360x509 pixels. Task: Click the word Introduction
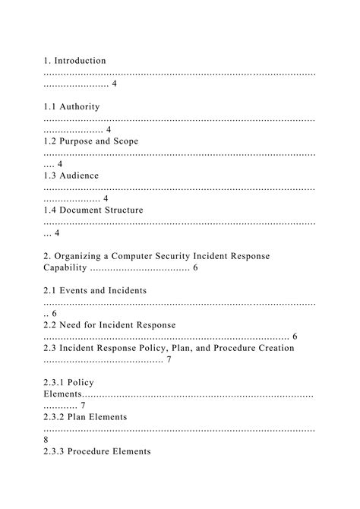[x=81, y=60]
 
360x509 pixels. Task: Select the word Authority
[x=78, y=106]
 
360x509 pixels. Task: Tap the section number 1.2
[x=52, y=141]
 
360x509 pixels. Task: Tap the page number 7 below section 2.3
[x=168, y=359]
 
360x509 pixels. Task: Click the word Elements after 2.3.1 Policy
[x=62, y=394]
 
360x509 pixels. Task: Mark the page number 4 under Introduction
[x=114, y=83]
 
